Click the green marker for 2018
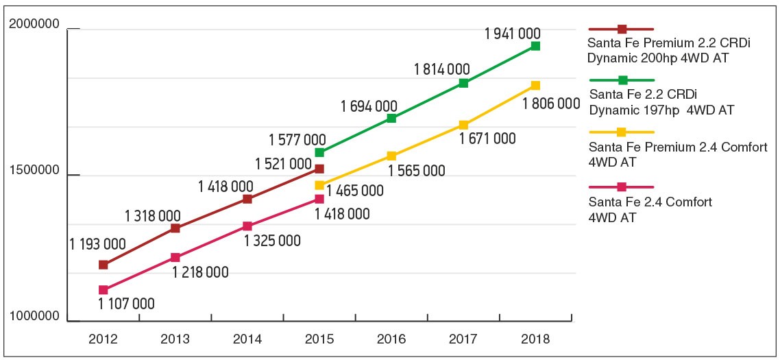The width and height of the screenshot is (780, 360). click(535, 46)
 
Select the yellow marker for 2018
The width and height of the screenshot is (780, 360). click(535, 86)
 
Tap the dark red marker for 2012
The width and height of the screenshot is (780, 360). click(103, 265)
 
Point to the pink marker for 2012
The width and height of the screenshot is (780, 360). click(103, 290)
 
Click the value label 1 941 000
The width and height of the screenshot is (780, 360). click(512, 33)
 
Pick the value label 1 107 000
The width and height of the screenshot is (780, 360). click(126, 304)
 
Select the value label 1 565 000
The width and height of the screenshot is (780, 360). click(417, 171)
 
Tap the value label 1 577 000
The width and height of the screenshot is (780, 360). click(297, 140)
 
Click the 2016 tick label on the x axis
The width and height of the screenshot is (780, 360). click(391, 339)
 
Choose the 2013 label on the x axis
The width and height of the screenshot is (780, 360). click(175, 339)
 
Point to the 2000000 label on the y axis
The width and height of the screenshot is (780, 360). click(35, 25)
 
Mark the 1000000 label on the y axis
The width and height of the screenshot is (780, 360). click(35, 317)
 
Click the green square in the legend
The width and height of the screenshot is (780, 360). click(622, 81)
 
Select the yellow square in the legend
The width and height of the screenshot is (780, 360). click(622, 132)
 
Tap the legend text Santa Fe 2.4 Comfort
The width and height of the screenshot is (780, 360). click(650, 202)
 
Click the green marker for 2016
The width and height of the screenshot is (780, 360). click(391, 119)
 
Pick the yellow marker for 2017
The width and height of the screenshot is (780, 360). click(463, 125)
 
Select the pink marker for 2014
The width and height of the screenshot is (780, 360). click(247, 226)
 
